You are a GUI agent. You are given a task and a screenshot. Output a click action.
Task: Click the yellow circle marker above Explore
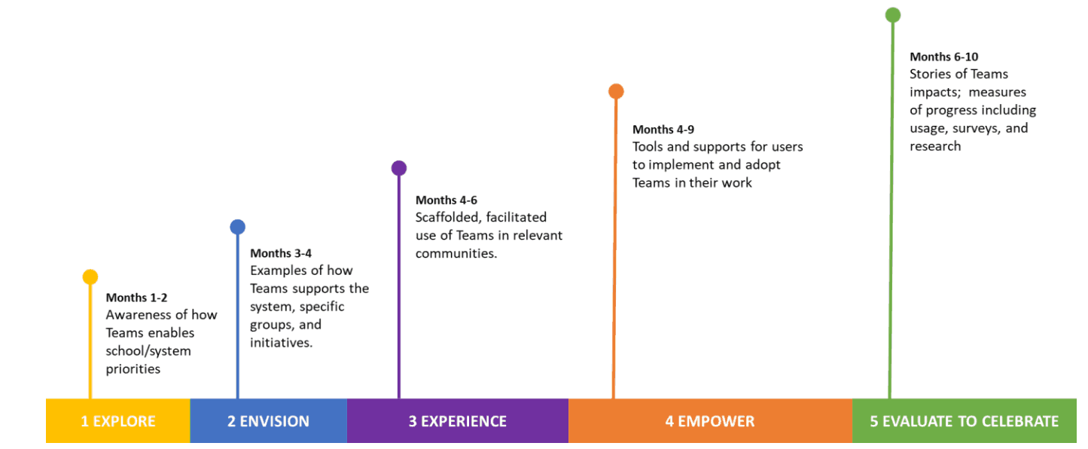tap(90, 277)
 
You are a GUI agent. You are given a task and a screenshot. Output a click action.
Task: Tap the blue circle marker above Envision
tap(237, 227)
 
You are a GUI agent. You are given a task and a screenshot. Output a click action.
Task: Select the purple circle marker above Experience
tap(399, 168)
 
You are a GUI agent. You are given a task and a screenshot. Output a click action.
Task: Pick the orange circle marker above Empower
tap(616, 91)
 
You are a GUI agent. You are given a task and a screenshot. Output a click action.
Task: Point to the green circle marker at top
tap(893, 14)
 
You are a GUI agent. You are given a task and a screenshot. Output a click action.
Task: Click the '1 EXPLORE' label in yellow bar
tap(118, 421)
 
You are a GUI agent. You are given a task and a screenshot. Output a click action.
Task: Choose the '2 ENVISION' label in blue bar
tap(268, 421)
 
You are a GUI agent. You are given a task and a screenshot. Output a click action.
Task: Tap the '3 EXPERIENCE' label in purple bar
tap(457, 421)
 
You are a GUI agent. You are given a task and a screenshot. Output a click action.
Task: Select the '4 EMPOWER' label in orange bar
tap(709, 421)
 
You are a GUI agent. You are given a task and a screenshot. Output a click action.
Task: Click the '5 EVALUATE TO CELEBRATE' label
tap(964, 421)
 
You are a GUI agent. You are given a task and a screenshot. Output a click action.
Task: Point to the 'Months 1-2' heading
tap(136, 298)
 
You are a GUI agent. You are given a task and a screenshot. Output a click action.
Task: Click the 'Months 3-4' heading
tap(281, 253)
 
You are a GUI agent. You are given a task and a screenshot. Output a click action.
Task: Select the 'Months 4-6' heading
tap(446, 200)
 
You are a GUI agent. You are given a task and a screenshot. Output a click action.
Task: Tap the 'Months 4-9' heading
tap(663, 130)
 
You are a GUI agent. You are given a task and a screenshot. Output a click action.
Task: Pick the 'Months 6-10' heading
tap(943, 57)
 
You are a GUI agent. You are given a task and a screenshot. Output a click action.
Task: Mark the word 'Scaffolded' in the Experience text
tap(447, 218)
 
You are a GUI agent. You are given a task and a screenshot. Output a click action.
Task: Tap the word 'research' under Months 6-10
tap(935, 146)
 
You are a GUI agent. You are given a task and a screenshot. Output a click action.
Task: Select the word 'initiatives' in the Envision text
tap(282, 343)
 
